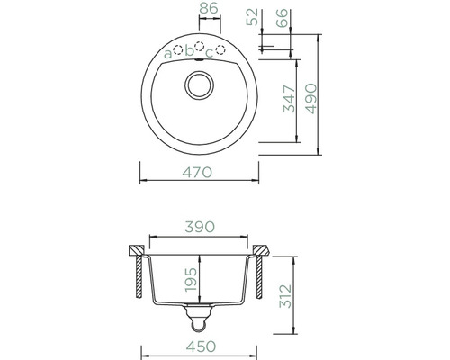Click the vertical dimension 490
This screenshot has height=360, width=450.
tap(311, 93)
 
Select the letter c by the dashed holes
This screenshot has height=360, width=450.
tap(209, 53)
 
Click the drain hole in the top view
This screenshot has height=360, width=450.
tap(197, 86)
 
